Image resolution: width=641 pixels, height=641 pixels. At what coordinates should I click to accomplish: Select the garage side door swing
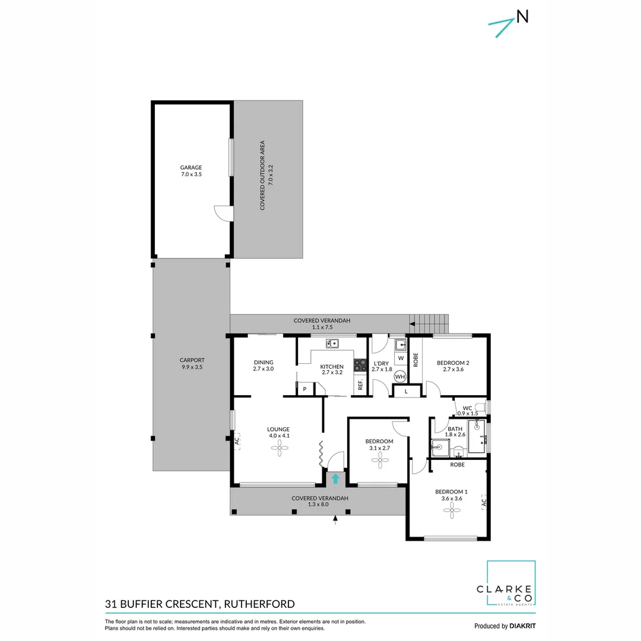point(221,212)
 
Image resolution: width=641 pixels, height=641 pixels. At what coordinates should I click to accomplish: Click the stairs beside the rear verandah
point(431,324)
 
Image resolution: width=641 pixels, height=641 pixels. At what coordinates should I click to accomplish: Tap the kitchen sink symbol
point(332,343)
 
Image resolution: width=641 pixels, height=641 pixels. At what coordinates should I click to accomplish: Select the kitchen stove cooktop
point(360,365)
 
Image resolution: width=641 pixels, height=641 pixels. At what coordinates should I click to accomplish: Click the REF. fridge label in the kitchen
point(360,385)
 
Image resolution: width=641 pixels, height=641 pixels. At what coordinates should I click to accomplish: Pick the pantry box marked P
point(304,389)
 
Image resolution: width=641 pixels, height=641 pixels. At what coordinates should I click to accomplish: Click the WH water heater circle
point(400,376)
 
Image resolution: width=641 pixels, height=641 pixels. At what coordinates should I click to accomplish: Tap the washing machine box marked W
point(401,358)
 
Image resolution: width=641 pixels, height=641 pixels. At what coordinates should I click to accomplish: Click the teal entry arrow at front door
point(335,478)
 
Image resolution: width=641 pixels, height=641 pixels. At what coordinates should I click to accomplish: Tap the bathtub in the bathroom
point(477,436)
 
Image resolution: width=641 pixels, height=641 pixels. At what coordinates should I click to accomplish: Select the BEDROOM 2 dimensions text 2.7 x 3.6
point(453,369)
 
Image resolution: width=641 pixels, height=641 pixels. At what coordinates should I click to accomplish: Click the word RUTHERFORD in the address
point(259,605)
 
